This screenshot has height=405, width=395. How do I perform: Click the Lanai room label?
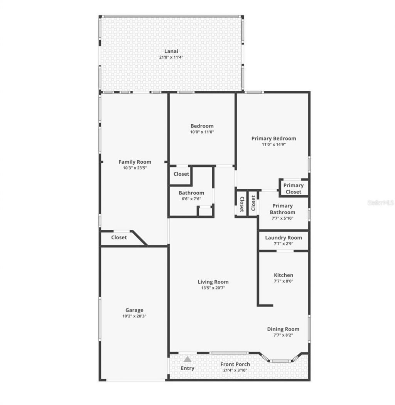click(x=171, y=51)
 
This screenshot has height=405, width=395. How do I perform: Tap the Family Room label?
click(x=135, y=162)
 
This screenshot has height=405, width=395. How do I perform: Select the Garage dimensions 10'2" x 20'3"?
click(x=134, y=316)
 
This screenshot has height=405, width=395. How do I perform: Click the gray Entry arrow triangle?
click(x=187, y=359)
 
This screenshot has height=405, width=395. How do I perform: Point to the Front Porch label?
click(x=235, y=364)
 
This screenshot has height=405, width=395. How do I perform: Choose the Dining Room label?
click(x=283, y=329)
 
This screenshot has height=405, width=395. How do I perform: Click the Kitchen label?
click(x=283, y=275)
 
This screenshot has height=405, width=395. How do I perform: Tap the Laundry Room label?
click(x=283, y=237)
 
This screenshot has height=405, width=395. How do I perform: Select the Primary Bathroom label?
click(x=282, y=209)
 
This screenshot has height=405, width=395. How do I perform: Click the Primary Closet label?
click(x=294, y=188)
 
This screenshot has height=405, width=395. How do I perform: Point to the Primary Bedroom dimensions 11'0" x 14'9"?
click(x=273, y=144)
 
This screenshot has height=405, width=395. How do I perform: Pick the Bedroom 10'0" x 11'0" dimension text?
click(x=202, y=132)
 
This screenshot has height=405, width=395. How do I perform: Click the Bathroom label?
click(x=191, y=193)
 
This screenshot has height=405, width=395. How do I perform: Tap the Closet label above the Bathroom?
click(x=181, y=174)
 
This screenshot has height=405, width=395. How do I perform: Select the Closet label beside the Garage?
click(x=119, y=237)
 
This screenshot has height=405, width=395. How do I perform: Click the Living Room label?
click(x=213, y=282)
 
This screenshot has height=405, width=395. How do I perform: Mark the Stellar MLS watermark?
click(x=380, y=202)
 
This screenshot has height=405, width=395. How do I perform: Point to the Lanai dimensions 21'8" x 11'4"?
click(x=171, y=57)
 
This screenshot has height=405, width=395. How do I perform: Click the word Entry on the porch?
click(x=187, y=368)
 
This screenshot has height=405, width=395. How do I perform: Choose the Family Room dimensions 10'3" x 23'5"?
click(x=135, y=168)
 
